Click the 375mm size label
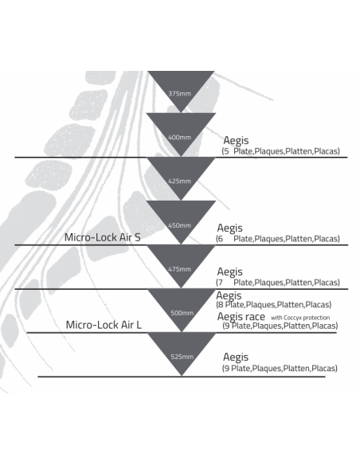179,94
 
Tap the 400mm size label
179,137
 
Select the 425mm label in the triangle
179,182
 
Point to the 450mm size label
179,225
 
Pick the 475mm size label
179,269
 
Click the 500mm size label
182,313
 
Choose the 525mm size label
182,357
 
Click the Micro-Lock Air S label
102,237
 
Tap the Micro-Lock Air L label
104,325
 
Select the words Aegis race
241,317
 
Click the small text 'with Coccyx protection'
300,318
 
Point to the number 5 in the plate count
226,151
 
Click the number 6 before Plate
220,239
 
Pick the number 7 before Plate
220,283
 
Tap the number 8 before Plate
221,305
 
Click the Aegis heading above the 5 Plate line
236,141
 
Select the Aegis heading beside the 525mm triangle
236,358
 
